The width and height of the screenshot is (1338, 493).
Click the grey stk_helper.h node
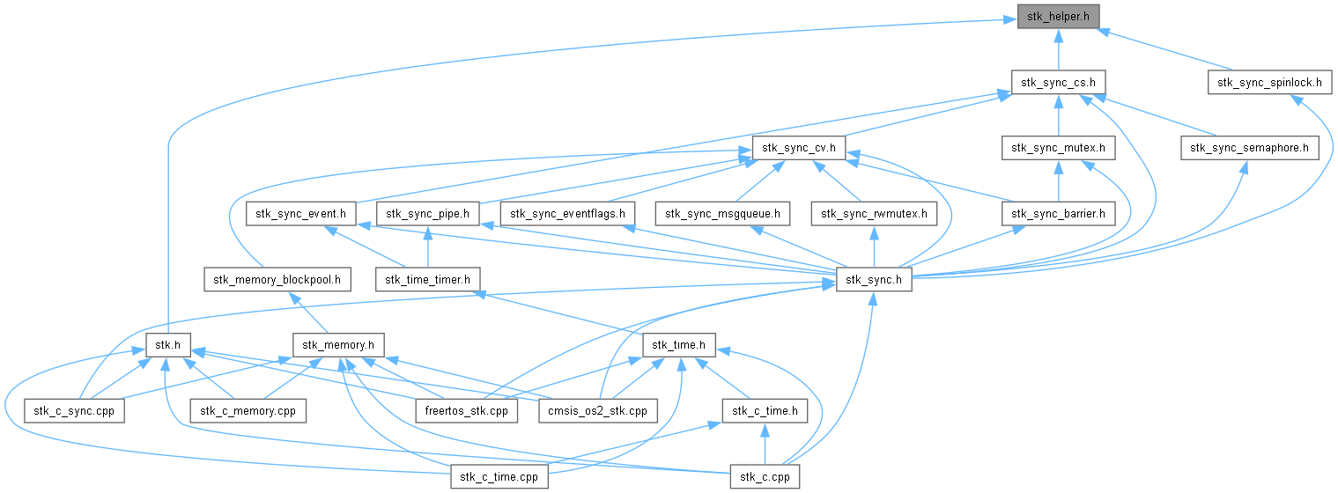point(1058,17)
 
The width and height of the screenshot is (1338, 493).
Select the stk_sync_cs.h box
point(1058,83)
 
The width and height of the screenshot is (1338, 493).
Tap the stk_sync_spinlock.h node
point(1269,83)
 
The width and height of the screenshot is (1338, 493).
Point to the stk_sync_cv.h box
point(799,148)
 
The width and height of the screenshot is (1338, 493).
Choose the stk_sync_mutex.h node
point(1058,148)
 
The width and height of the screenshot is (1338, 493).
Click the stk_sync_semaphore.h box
point(1250,148)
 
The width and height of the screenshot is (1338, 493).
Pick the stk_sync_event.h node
point(300,214)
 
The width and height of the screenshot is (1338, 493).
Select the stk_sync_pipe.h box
point(428,214)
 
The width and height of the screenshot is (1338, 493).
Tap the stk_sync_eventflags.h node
point(567,214)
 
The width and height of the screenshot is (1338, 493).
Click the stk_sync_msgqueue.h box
point(722,214)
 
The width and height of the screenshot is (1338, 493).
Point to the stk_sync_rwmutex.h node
point(874,214)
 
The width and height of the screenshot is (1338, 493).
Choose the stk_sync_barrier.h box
point(1058,214)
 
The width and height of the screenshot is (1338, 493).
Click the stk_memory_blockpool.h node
point(277,279)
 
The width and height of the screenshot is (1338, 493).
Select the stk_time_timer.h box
point(428,279)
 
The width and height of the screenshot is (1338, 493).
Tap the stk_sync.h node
point(874,279)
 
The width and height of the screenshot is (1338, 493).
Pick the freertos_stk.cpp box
point(467,410)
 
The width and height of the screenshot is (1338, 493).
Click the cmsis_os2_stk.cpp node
point(597,410)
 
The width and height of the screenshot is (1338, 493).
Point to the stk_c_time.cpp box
point(499,476)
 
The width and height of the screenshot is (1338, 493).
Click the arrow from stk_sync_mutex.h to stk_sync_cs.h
point(1059,116)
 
